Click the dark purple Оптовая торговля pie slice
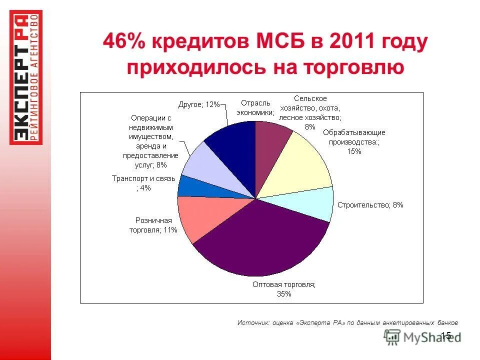[x=260, y=240]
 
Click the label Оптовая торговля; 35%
[x=284, y=289]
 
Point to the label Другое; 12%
[x=199, y=104]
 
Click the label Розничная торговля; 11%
[x=156, y=225]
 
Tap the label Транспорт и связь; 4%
[x=143, y=183]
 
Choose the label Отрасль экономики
[x=254, y=107]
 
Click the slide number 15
[x=446, y=335]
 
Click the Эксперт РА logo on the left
[x=26, y=77]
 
